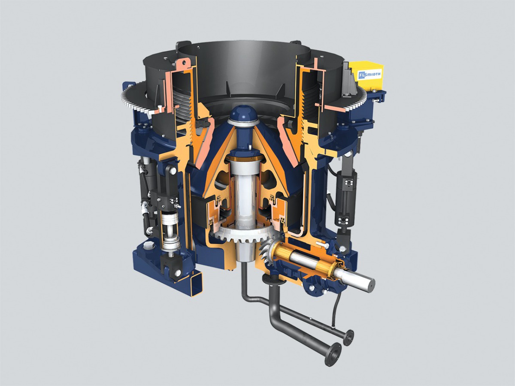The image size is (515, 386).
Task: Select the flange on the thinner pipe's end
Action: tap(349, 337)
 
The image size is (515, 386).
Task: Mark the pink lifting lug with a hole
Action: tap(185, 63)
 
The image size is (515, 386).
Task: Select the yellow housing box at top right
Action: tap(368, 77)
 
